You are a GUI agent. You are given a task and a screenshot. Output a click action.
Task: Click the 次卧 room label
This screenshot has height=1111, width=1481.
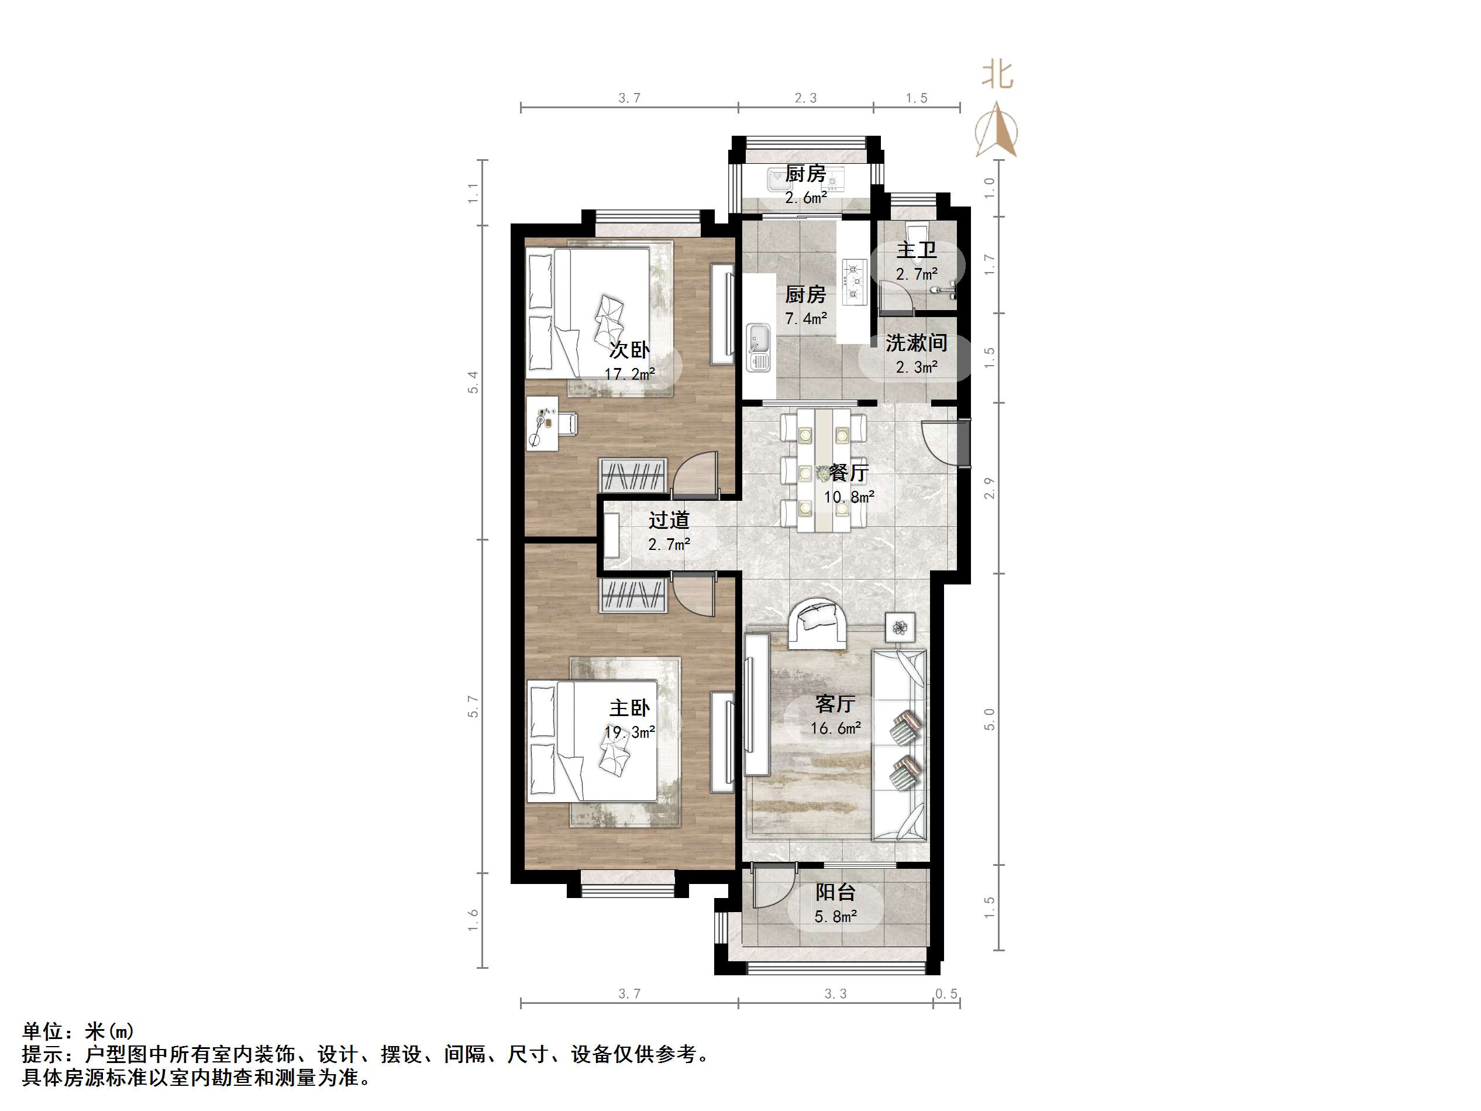point(629,350)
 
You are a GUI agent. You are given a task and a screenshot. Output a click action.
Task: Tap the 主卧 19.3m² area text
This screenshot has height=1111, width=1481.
point(629,732)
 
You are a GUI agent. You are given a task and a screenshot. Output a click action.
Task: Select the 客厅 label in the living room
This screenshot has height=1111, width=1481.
point(835,704)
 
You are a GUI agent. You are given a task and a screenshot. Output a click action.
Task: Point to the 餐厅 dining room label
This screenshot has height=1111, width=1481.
point(848,473)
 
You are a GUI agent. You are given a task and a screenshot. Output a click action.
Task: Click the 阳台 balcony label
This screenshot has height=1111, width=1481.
point(835,892)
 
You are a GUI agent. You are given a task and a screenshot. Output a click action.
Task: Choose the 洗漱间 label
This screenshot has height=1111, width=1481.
point(916,343)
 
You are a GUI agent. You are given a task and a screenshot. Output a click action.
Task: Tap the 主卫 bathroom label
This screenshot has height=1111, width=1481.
point(916,250)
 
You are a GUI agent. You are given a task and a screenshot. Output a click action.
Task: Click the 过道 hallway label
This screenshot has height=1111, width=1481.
point(669,520)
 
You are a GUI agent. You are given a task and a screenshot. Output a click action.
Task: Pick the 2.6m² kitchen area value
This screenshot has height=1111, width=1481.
point(805,198)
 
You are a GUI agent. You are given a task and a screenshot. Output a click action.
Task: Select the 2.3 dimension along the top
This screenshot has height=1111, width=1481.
point(805,98)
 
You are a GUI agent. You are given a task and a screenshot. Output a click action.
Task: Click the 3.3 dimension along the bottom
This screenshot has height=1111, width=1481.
point(835,994)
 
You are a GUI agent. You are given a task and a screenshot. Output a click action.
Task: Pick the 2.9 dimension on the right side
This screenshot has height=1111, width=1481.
point(990,487)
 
